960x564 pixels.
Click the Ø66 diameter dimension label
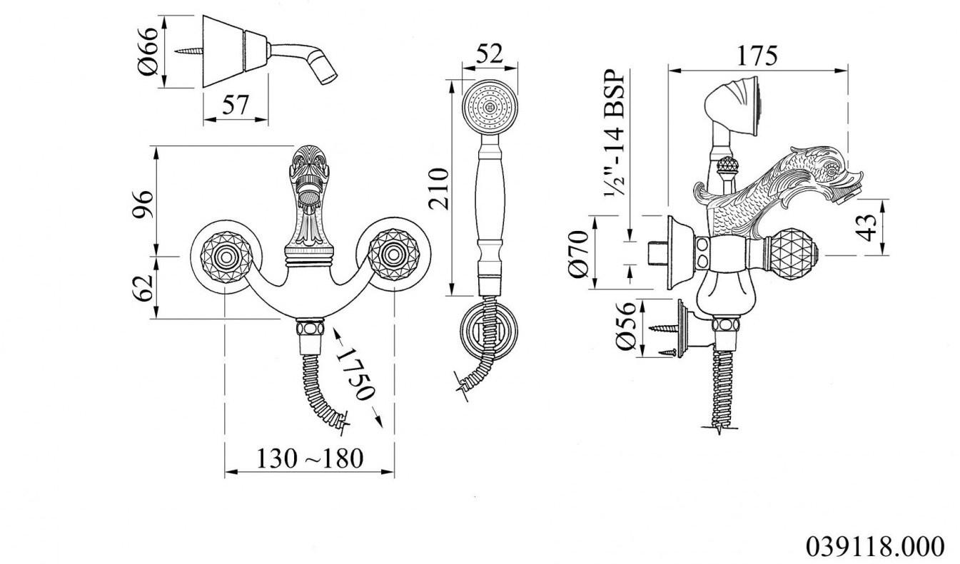[148, 51]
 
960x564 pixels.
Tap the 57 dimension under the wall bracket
[236, 105]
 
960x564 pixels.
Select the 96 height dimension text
[143, 204]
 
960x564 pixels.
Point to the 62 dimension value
[143, 288]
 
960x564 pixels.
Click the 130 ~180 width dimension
[310, 458]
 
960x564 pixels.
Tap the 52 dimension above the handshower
[490, 54]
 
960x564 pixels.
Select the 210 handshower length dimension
[438, 189]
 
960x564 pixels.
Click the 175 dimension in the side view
[757, 56]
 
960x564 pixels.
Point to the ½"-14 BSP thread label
[615, 133]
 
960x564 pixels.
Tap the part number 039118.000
[875, 546]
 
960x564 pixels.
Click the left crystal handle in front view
[226, 257]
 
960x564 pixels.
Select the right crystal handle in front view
[394, 255]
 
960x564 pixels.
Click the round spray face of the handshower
[490, 107]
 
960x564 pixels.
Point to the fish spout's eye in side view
[831, 172]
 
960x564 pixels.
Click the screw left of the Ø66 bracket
[188, 51]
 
